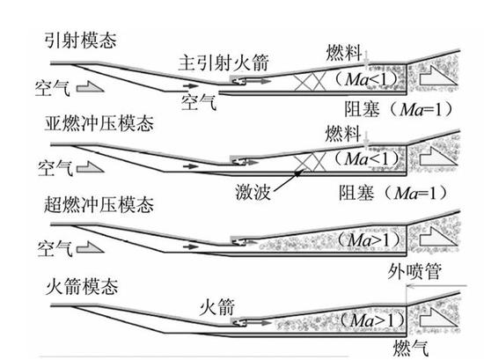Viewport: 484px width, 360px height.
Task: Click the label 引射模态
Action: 84,41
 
